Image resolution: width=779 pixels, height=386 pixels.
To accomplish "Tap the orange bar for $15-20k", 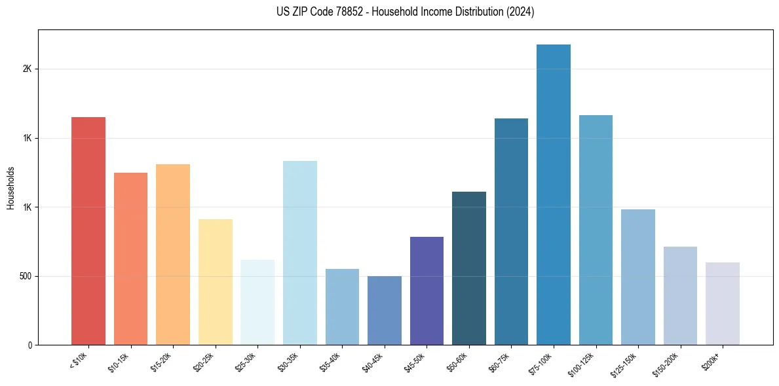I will click(173, 254).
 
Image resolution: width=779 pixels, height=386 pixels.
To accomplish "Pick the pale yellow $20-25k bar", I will click(215, 282).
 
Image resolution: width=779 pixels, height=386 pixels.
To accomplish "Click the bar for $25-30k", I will click(257, 302).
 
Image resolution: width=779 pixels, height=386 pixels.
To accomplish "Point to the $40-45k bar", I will click(384, 310).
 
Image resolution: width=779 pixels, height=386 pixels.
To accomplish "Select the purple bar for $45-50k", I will click(427, 290).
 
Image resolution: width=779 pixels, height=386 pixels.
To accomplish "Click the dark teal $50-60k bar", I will click(468, 268).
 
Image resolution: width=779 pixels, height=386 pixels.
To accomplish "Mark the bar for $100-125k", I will click(596, 230).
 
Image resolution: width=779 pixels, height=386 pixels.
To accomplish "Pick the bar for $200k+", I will click(722, 304).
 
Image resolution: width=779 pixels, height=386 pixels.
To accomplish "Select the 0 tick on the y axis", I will click(29, 345).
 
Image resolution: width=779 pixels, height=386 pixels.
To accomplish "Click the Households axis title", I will click(11, 188).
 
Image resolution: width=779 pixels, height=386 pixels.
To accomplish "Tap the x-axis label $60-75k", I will click(499, 361).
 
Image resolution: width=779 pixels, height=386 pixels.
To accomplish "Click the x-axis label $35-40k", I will click(331, 361).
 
